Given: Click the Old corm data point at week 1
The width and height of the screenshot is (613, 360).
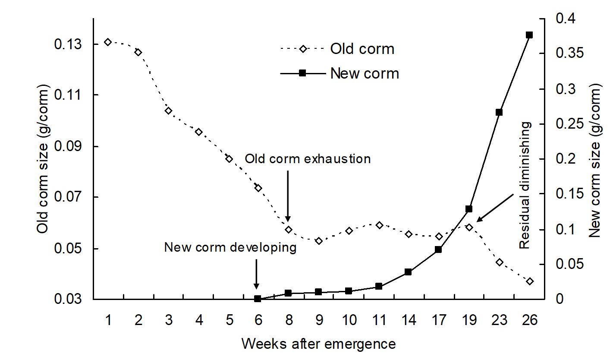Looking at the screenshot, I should (108, 42).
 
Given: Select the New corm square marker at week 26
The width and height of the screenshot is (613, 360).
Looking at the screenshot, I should (529, 35).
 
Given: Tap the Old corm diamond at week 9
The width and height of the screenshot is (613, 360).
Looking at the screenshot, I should (319, 241).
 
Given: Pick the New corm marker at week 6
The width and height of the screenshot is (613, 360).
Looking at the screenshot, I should (258, 299).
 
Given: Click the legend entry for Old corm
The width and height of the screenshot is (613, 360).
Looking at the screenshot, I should (362, 49).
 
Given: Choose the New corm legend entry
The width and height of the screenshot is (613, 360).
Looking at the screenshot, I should (364, 73).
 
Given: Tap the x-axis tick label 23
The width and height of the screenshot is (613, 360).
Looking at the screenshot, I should (499, 320).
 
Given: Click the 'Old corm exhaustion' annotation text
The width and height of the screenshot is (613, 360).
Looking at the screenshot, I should (308, 159).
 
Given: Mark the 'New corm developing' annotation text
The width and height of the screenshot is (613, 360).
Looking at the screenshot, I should (230, 248).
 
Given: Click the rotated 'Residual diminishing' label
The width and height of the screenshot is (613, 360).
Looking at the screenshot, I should (524, 185).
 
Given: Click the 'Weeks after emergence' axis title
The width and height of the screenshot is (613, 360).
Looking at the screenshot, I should (318, 344).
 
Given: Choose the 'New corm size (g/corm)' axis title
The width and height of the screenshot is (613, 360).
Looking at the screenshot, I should (596, 160).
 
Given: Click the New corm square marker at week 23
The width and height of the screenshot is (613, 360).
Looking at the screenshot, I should (499, 112).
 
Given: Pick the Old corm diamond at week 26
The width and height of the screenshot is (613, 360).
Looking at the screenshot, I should (529, 281).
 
